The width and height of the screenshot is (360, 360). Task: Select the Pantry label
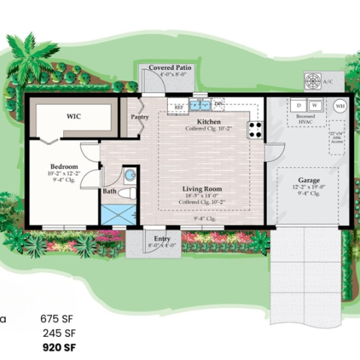point(139,117)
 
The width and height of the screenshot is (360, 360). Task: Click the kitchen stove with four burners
point(255,130)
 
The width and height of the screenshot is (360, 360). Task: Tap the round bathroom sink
point(130,176)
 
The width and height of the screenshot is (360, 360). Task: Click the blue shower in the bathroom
point(117,215)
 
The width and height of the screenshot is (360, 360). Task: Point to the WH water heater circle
point(339,105)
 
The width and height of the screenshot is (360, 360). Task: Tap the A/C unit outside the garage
point(315,81)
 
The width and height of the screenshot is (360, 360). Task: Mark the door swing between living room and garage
point(271,153)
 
